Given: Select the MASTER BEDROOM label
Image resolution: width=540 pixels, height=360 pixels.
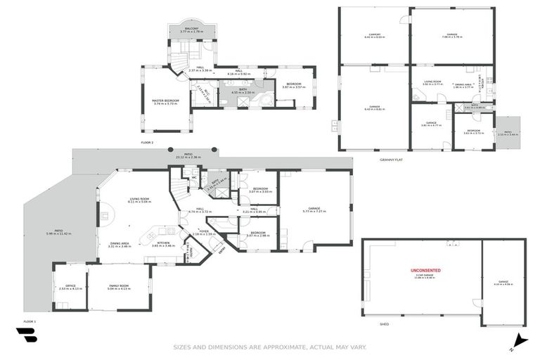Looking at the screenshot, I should [x=165, y=100].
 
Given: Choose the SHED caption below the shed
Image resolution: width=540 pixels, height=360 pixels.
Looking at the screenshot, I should [x=384, y=325].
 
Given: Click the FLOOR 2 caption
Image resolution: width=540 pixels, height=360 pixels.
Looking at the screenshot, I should [x=147, y=142].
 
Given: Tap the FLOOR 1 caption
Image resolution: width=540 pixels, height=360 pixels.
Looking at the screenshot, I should [x=30, y=321].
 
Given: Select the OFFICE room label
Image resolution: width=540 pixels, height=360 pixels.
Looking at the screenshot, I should [x=70, y=285].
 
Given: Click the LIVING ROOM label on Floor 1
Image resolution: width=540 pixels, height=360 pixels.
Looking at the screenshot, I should [x=139, y=199].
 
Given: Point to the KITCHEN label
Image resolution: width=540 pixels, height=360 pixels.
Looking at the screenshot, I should [x=163, y=242].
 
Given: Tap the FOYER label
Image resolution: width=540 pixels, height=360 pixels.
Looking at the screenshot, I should [x=204, y=231].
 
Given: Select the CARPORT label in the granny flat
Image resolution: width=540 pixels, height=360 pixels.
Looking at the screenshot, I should [x=375, y=34].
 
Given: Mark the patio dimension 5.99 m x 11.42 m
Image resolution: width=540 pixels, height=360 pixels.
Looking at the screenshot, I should [x=59, y=233].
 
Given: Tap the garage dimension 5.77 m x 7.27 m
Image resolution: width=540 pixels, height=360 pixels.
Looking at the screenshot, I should [x=314, y=211].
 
